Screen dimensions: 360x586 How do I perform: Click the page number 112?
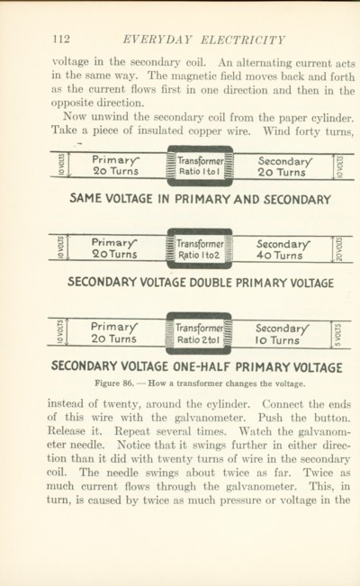tap(61, 39)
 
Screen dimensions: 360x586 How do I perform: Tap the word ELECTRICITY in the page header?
tap(243, 40)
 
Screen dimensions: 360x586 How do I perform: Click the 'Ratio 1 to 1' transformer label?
tap(199, 172)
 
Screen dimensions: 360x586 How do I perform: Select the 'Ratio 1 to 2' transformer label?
tap(199, 256)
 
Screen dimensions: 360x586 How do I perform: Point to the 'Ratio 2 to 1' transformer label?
tap(198, 340)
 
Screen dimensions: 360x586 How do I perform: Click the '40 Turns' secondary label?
tap(279, 256)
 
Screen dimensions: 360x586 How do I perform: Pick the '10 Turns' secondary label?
tap(277, 340)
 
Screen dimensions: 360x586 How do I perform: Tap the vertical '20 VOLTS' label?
tap(339, 249)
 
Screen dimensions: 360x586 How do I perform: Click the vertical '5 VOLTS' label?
tap(337, 335)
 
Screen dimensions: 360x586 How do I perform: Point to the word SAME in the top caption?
tap(85, 198)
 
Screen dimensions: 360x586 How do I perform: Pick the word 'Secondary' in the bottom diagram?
tap(283, 329)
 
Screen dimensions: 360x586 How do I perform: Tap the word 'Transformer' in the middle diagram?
tap(200, 244)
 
